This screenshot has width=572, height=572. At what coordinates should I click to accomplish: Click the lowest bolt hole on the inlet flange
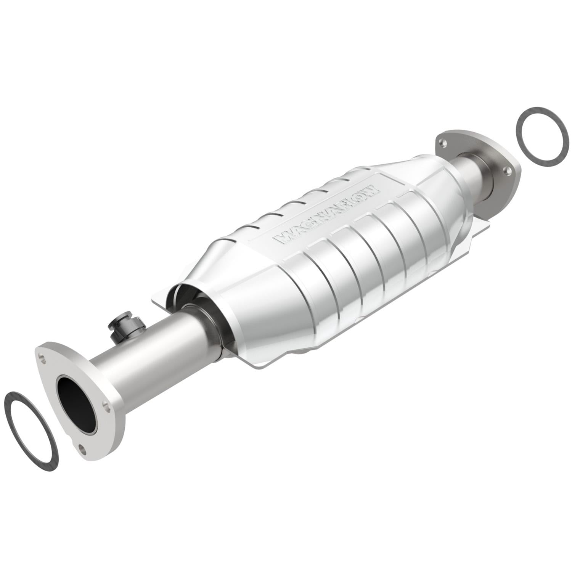point(82,447)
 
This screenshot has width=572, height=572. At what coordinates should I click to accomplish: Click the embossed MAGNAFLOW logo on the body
point(326,215)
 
